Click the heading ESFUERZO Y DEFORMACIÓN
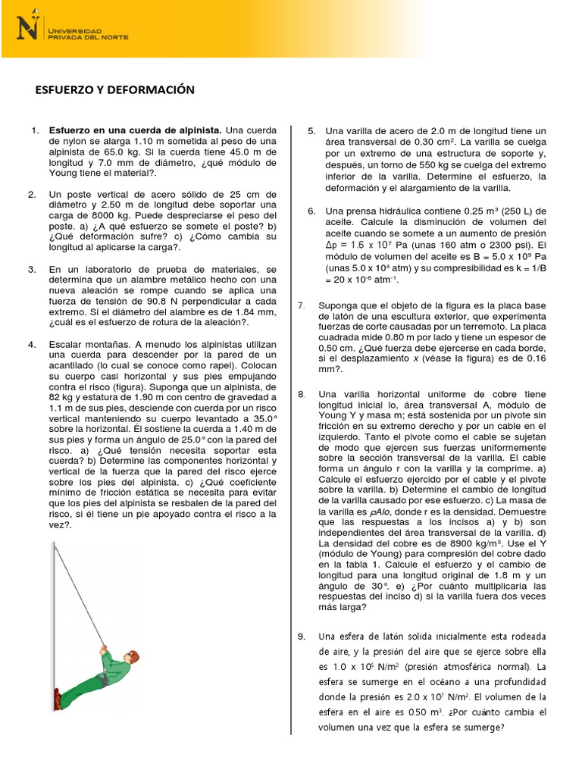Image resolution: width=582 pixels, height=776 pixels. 115,90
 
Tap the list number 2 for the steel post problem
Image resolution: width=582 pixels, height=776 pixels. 33,194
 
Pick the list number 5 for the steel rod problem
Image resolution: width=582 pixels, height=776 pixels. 311,131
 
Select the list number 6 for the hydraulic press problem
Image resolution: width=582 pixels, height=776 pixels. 311,211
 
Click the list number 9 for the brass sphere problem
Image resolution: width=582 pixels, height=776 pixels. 302,637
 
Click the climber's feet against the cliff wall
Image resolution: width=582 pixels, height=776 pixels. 58,699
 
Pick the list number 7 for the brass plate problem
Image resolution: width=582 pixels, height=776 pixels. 301,305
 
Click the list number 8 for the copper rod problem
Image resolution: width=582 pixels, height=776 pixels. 301,394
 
